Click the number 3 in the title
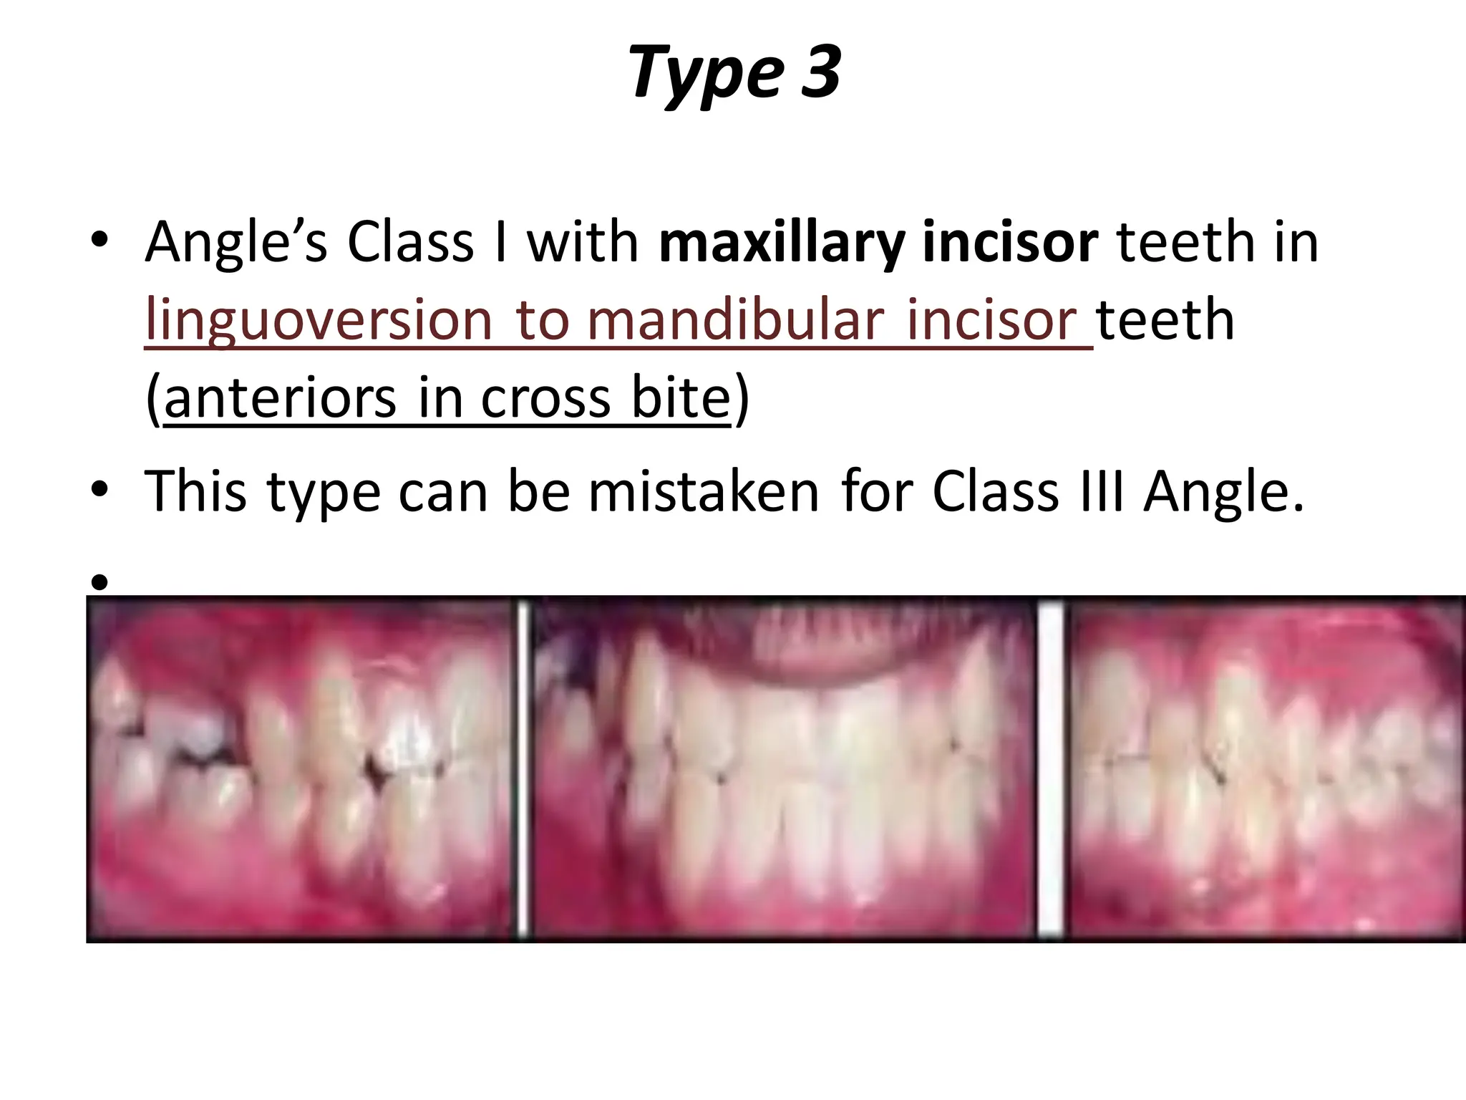(x=820, y=72)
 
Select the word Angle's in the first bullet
(x=236, y=242)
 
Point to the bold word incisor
(x=1010, y=242)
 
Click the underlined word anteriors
(x=280, y=398)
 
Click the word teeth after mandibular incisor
(x=1165, y=319)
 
